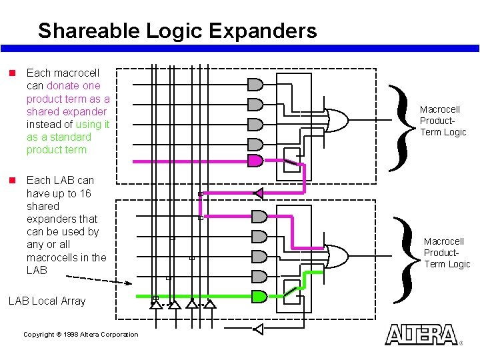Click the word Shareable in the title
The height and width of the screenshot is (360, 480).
(x=84, y=31)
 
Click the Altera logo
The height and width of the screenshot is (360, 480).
(x=421, y=335)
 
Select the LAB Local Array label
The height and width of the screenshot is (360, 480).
(x=47, y=301)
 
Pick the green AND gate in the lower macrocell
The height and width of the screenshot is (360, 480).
(x=259, y=297)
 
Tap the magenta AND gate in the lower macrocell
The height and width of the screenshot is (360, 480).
(x=259, y=217)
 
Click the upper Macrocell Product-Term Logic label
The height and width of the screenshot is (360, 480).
(x=443, y=121)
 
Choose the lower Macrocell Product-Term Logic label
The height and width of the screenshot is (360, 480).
(x=447, y=253)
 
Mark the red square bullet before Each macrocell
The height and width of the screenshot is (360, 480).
(x=11, y=72)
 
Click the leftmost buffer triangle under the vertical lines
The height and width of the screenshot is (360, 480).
(x=155, y=305)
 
